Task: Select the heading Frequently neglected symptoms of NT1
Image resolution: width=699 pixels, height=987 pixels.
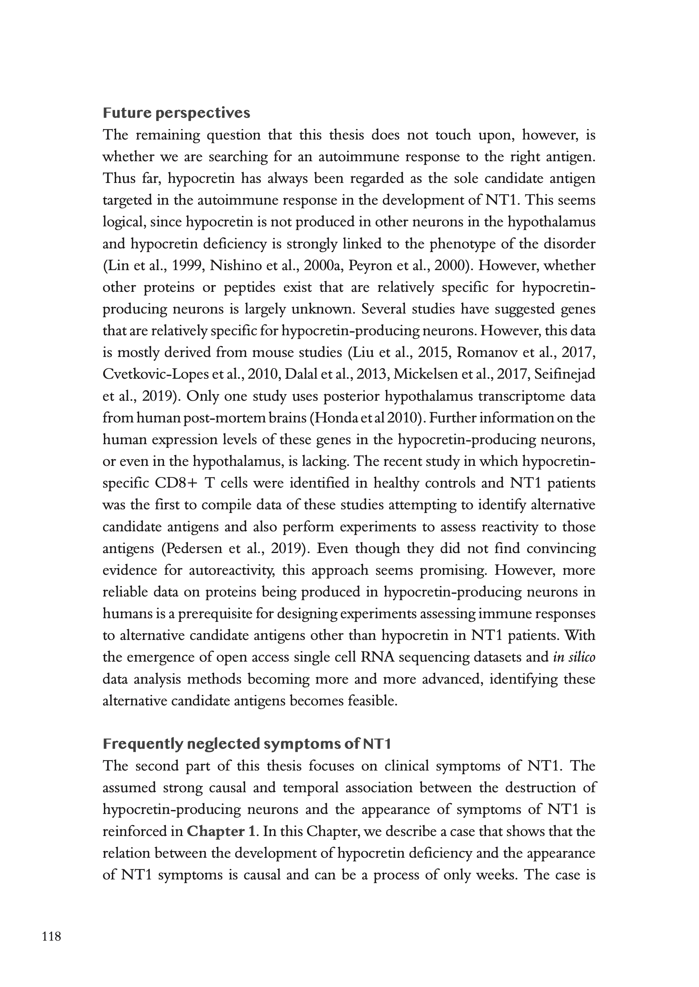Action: (x=247, y=744)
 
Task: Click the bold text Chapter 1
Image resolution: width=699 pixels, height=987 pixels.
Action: (x=221, y=831)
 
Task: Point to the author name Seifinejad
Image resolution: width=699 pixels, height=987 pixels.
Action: (x=565, y=374)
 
